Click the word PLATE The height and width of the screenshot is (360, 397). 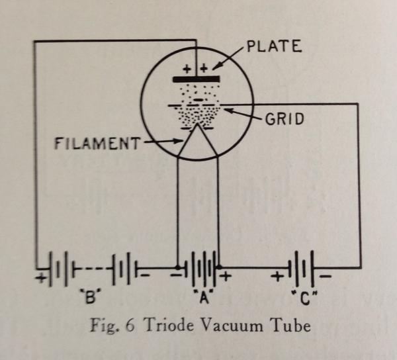pos(273,47)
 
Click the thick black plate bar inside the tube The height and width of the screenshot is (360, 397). pos(195,79)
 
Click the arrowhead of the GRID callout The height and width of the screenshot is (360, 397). pos(225,110)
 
